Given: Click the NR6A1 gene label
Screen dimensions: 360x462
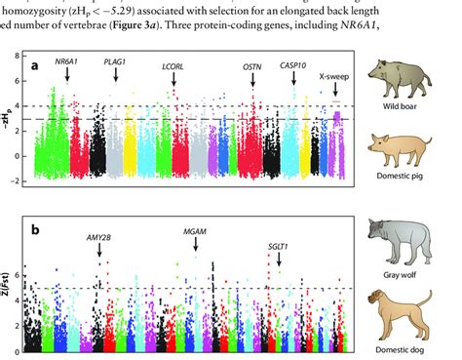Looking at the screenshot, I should [68, 60].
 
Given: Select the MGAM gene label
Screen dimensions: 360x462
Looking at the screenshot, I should [195, 231].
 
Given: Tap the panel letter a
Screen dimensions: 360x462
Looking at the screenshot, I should [36, 64].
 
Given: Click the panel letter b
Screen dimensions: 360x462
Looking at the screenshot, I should [36, 230].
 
